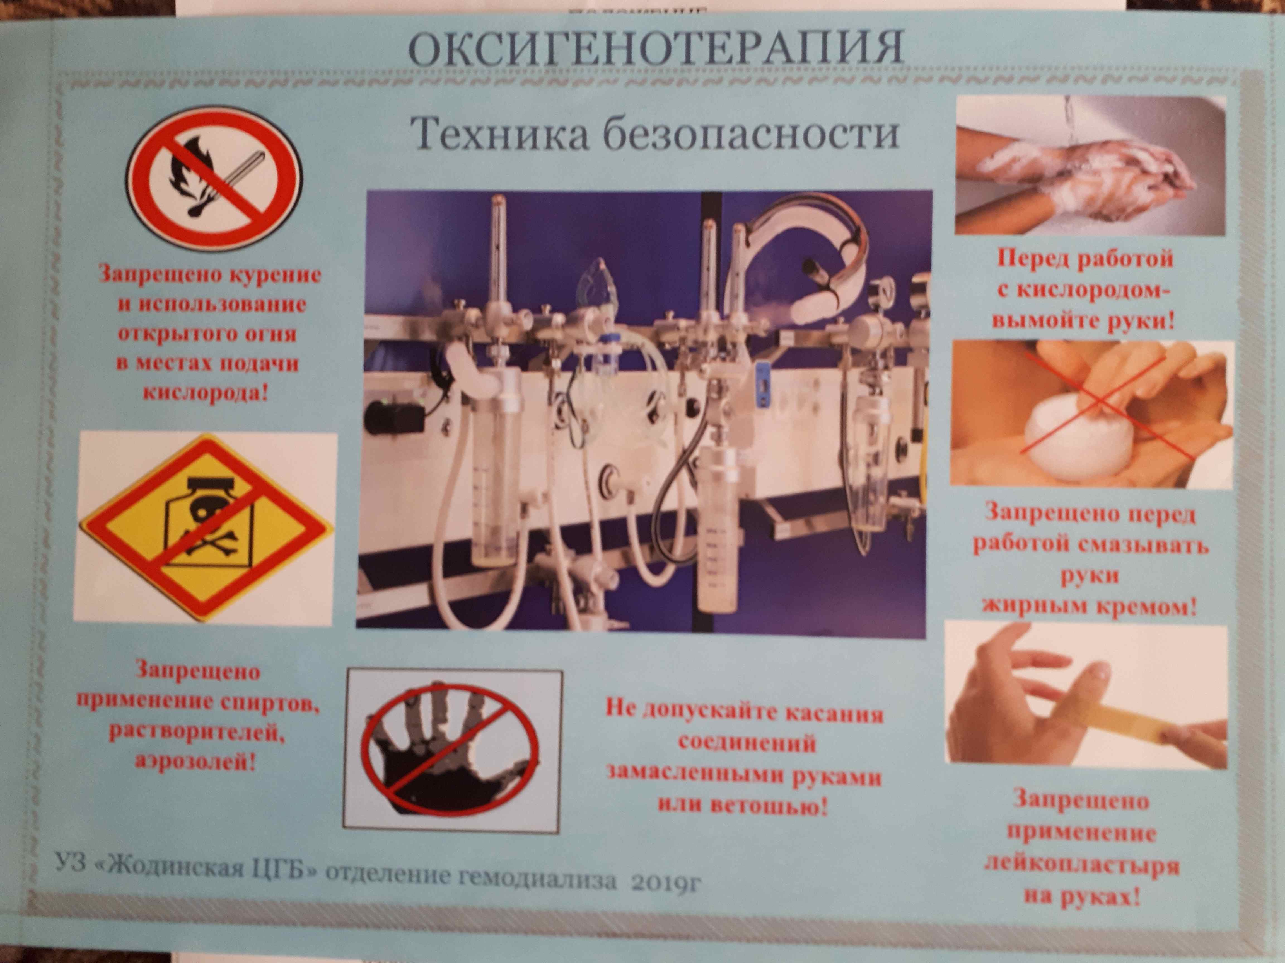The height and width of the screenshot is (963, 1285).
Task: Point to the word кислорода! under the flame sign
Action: tap(206, 393)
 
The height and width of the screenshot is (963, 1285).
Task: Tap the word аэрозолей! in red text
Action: tap(196, 762)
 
